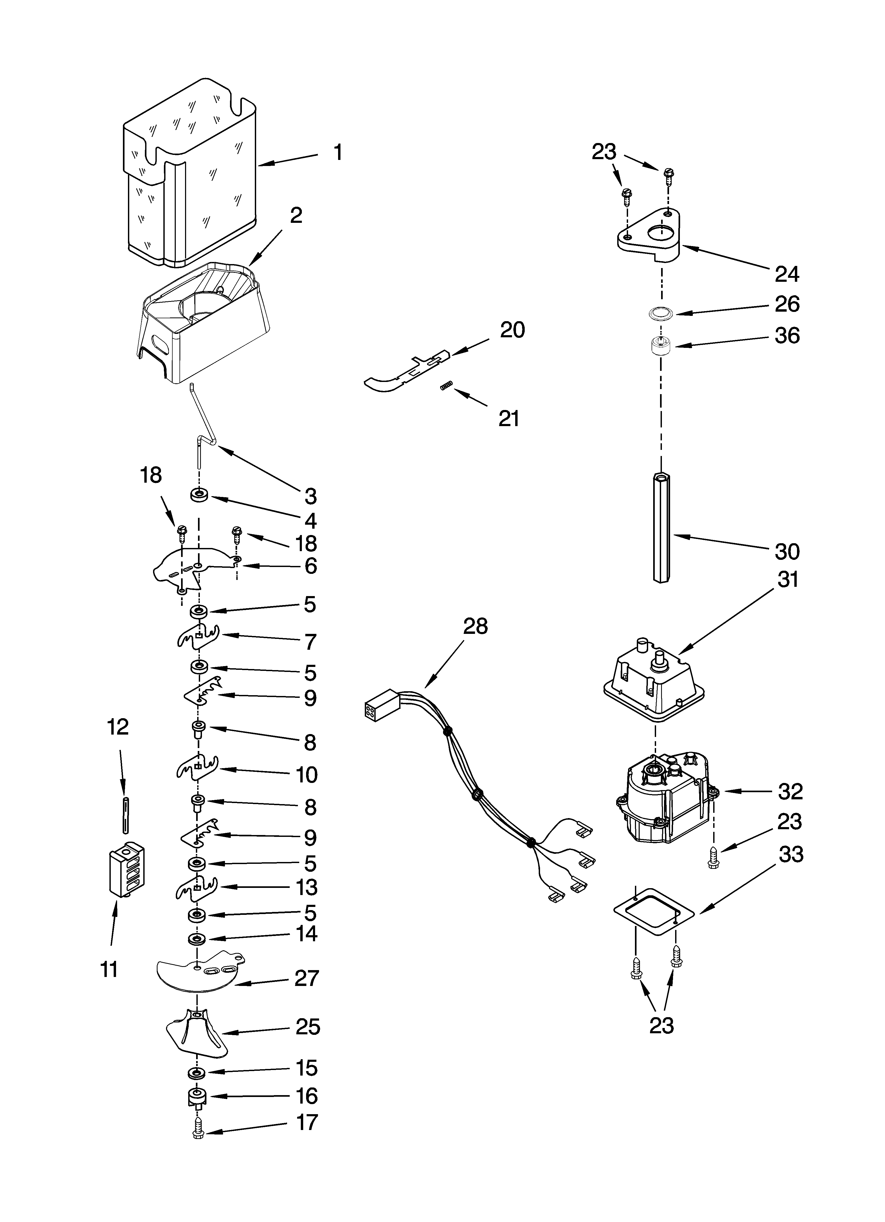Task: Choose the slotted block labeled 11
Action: (128, 871)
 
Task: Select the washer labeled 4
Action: (199, 495)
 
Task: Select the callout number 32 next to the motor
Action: (790, 791)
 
